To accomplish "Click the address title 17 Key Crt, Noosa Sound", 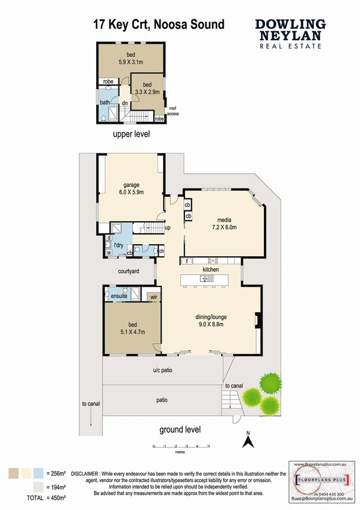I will point(159,25).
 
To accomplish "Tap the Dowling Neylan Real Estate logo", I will point(290,32).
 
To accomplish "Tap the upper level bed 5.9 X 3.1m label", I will point(130,56).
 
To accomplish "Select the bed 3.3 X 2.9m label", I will point(147,88).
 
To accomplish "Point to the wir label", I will point(154,296).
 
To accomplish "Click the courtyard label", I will point(129,272).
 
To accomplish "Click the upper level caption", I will point(131,134).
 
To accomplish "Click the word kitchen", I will point(210,269).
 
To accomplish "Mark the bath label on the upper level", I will point(105,102).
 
